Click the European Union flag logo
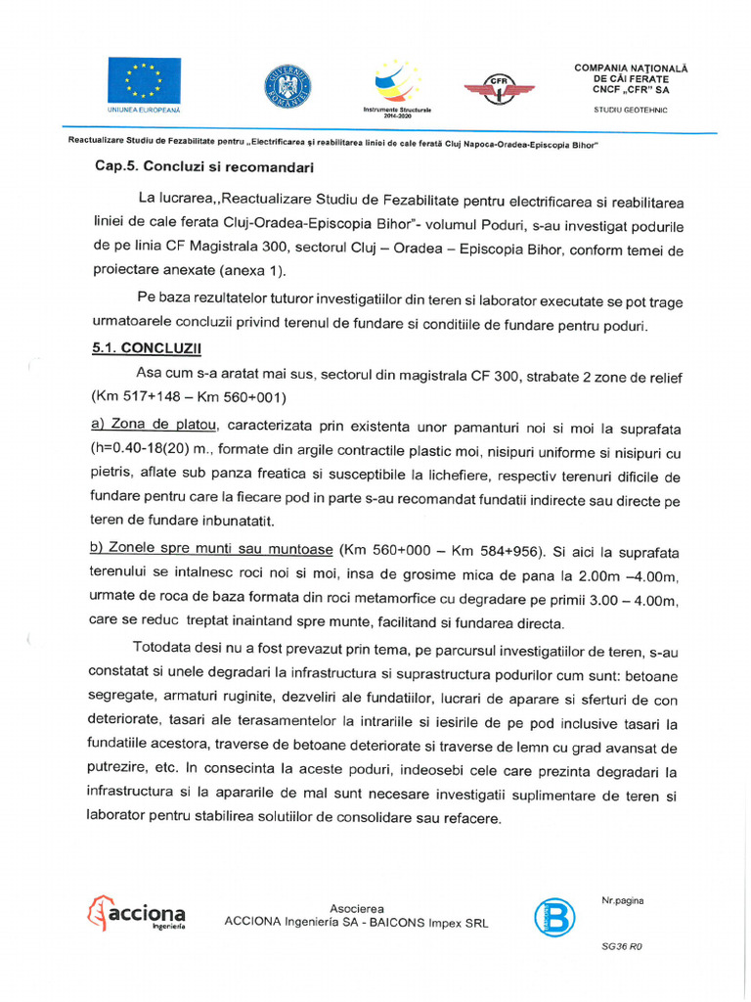(145, 79)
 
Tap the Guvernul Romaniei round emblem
(287, 86)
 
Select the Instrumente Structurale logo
(396, 82)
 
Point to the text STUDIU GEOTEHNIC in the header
(631, 110)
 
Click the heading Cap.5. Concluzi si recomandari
(203, 167)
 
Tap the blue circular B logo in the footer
(554, 917)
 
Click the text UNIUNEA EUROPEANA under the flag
(145, 110)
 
